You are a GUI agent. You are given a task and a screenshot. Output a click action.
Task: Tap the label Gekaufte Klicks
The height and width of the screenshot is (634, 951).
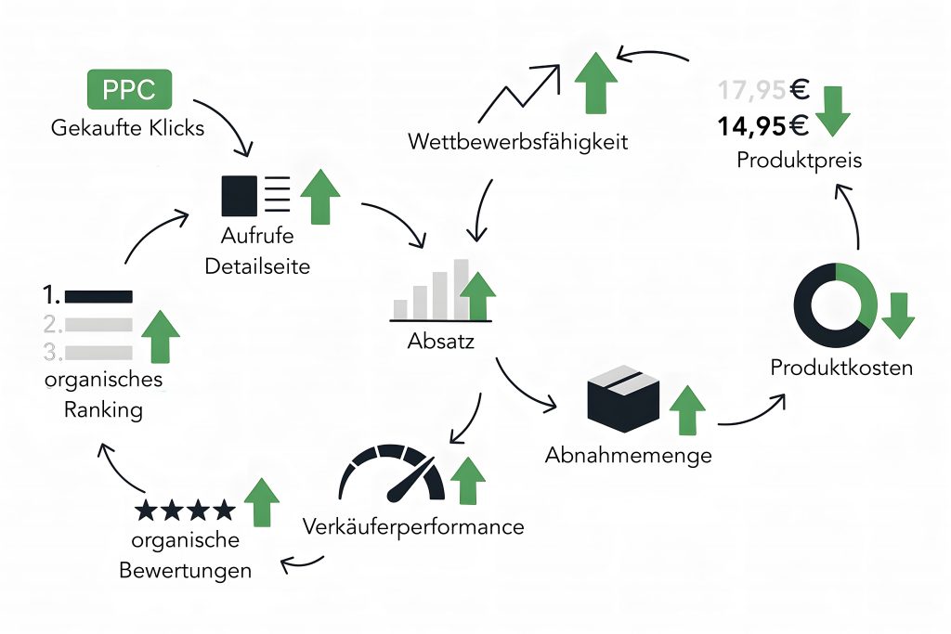[128, 128]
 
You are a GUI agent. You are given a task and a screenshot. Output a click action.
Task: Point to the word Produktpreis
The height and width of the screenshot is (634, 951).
[800, 160]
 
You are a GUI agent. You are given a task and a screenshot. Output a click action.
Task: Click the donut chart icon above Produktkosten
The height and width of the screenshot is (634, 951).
[834, 305]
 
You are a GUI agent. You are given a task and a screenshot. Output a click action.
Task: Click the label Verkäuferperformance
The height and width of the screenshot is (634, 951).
[413, 527]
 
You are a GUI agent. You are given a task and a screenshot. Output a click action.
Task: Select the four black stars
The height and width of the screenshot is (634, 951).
[185, 510]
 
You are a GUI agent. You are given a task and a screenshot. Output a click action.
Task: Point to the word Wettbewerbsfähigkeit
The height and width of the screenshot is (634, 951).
[517, 142]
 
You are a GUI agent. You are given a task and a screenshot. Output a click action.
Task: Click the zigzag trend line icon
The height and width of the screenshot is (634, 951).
[526, 91]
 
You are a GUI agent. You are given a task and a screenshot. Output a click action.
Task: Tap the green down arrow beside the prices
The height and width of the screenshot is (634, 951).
[833, 110]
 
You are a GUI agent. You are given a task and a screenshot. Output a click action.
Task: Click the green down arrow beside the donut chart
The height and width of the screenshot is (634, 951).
[898, 316]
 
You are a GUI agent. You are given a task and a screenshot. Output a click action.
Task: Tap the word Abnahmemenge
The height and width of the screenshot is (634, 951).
[629, 456]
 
